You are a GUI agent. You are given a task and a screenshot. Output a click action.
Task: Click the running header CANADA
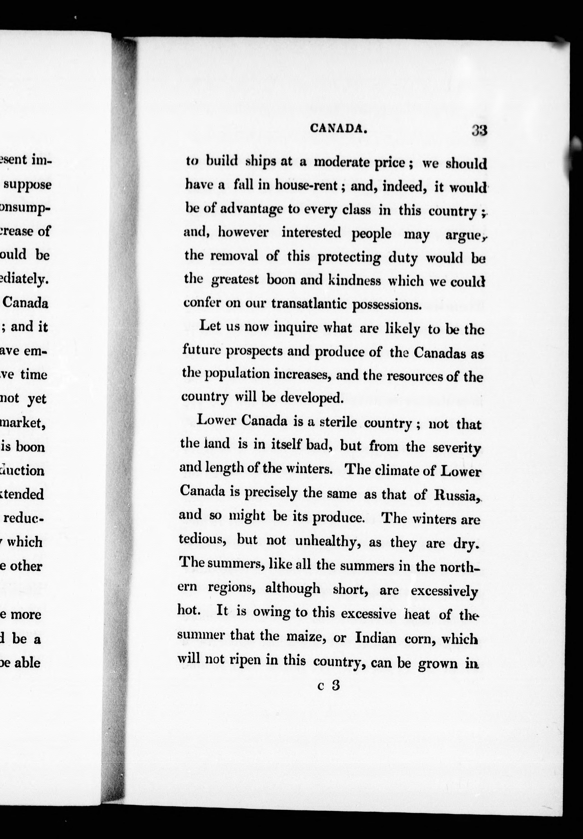pyautogui.click(x=338, y=128)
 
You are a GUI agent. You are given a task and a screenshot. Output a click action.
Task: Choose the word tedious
pyautogui.click(x=201, y=540)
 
